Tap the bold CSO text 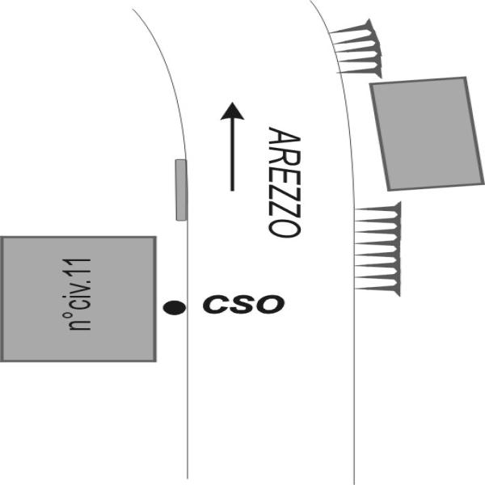click(x=242, y=305)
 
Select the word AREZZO click(x=284, y=182)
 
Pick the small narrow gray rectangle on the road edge click(x=181, y=190)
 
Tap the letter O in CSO click(x=270, y=305)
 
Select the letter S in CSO click(x=242, y=305)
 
